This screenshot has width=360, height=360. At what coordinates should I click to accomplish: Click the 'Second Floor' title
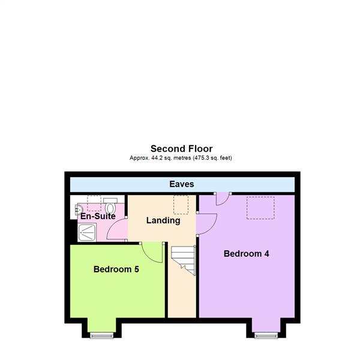tap(181, 148)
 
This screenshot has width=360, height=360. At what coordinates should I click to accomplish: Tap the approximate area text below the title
tap(181, 158)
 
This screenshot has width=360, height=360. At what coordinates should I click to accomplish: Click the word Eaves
tap(181, 184)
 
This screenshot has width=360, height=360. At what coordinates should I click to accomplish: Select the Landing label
tap(163, 220)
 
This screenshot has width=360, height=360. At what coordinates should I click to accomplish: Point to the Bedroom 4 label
tap(246, 254)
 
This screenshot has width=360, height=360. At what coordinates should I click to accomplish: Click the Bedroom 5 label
tap(116, 269)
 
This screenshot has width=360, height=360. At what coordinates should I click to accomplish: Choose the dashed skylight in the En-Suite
tap(95, 202)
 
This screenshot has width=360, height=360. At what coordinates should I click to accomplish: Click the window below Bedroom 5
tap(100, 336)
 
